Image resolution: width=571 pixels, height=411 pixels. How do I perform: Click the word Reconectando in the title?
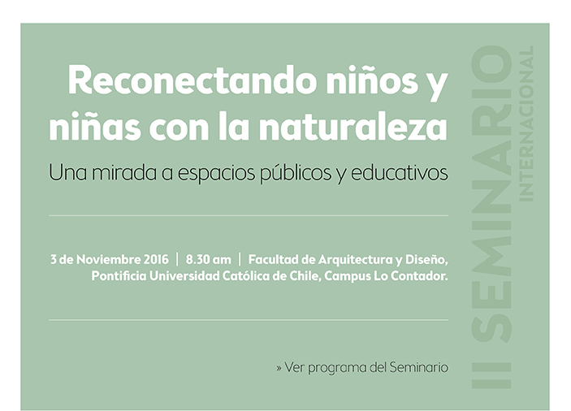click(x=192, y=80)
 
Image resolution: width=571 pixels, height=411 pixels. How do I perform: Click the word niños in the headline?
click(x=372, y=80)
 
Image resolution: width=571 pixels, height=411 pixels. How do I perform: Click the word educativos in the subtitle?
click(x=399, y=173)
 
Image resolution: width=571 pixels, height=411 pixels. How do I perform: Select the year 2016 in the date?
click(x=156, y=260)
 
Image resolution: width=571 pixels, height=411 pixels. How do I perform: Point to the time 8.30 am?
click(x=208, y=260)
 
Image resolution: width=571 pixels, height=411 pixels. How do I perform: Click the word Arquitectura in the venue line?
click(x=356, y=260)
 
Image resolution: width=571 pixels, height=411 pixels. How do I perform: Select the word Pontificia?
click(x=119, y=276)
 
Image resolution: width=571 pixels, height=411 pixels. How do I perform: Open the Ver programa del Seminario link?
click(x=362, y=367)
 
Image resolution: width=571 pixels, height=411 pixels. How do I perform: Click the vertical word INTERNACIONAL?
click(x=526, y=123)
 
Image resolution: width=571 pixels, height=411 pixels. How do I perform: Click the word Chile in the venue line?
click(x=305, y=276)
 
